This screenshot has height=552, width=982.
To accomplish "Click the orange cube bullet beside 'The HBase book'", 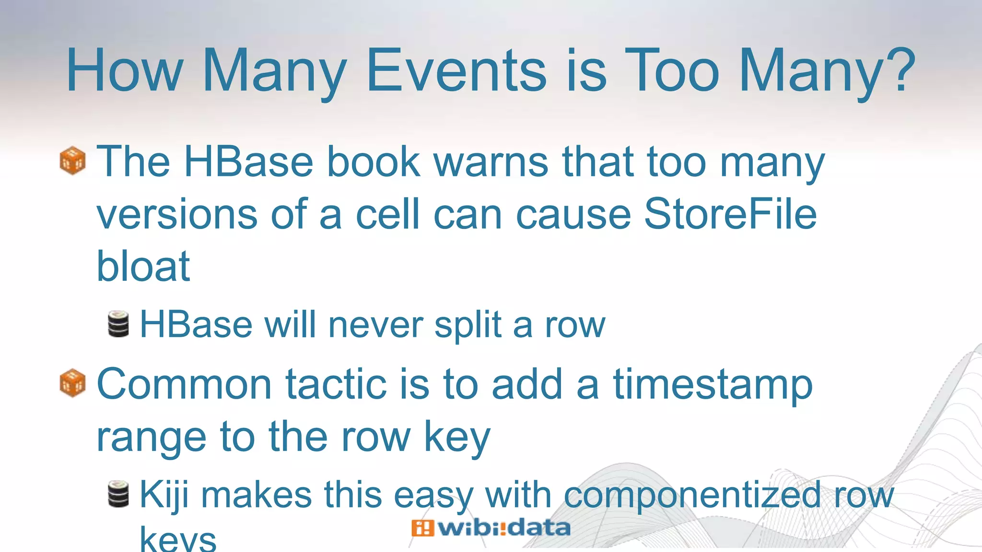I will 72,161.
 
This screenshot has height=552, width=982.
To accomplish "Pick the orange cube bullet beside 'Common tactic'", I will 72,383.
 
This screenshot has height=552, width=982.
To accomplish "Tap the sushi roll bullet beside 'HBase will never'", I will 118,324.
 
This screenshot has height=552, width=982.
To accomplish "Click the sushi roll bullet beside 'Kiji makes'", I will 118,494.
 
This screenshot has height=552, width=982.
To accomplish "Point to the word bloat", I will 143,266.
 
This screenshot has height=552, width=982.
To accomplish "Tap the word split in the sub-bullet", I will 468,325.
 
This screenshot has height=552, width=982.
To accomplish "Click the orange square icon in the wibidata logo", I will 422,528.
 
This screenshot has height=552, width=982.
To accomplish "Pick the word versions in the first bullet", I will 177,214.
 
